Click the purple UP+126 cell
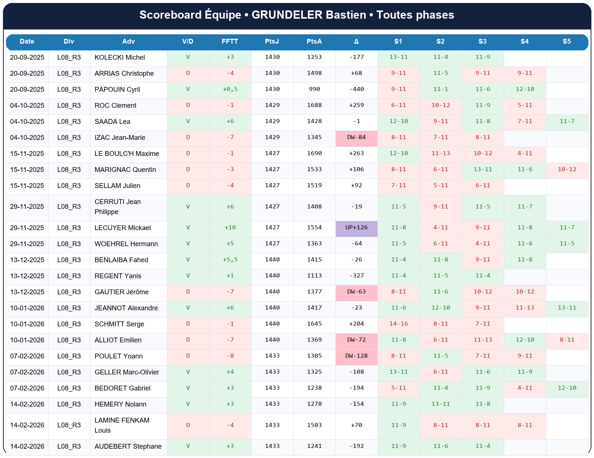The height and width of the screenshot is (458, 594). point(356,228)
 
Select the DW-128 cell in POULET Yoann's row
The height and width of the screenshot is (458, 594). point(356,356)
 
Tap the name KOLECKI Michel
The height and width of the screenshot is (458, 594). point(120,57)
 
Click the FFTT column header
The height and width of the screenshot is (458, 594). point(230,41)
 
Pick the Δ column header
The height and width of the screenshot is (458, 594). point(356,41)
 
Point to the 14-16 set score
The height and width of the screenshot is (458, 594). point(398,324)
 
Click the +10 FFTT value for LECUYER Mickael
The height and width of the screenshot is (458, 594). point(230,228)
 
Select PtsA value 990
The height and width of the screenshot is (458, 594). point(314,89)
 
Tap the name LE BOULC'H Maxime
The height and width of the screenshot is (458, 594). point(127,154)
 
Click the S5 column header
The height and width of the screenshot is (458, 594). point(566,41)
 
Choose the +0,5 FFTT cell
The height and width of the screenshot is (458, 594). point(230,89)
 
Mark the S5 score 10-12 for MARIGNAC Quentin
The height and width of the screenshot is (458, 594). point(567,169)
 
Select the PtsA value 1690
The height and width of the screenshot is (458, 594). point(314,153)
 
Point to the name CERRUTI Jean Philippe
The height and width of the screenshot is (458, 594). point(117,207)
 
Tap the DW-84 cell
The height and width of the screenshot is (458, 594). point(356,137)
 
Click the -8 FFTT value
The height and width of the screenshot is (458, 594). point(230,356)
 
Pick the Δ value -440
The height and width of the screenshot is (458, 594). point(356,89)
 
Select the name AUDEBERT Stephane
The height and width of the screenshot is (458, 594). point(128,446)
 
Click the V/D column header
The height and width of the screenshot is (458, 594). point(188,41)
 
